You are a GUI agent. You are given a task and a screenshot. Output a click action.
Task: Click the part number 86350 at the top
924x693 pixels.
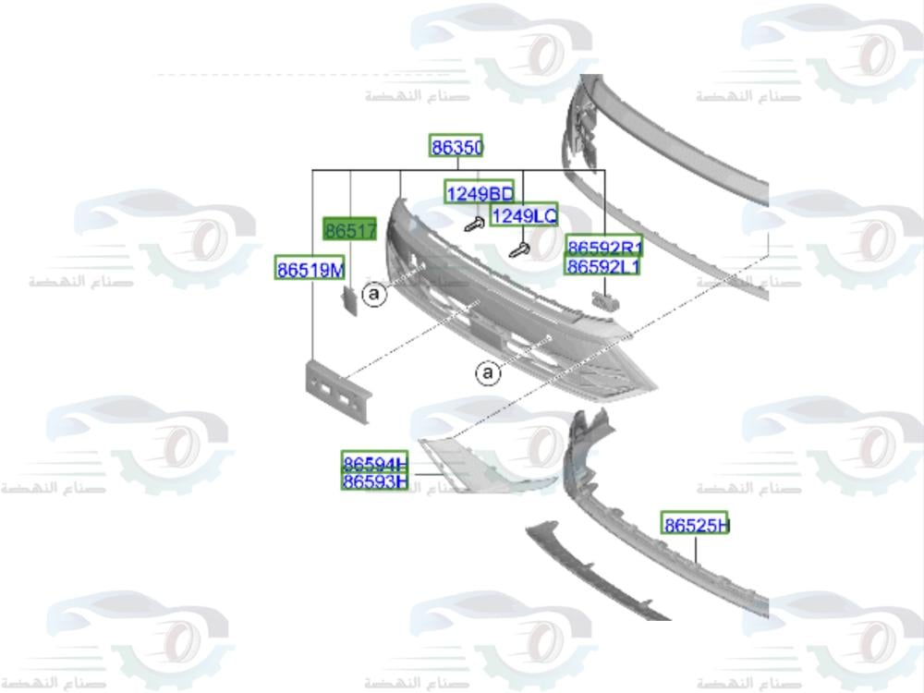pos(456,146)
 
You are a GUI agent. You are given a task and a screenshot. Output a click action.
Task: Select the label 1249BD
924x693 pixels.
pos(479,192)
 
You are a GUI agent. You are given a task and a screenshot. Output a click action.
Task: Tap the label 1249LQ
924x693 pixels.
pos(524,215)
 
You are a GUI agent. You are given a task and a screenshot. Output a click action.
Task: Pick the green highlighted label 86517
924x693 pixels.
pos(349,229)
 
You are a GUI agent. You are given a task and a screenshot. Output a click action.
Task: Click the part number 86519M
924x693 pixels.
pos(310,269)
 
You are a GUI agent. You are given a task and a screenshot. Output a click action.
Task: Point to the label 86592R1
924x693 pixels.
pos(604,247)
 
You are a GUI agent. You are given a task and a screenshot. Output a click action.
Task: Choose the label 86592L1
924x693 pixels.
pos(604,266)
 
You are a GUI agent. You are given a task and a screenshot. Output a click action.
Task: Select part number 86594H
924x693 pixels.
pos(374,463)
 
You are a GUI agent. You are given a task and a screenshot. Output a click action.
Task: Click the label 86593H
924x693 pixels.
pos(374,481)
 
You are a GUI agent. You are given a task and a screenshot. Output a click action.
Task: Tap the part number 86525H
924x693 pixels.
pos(695,524)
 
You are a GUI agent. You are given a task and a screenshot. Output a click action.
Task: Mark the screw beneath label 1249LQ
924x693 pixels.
pos(521,249)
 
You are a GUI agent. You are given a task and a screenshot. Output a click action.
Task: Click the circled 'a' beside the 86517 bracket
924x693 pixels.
pos(373,295)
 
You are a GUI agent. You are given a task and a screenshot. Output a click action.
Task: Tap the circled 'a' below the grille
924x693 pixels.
pos(487,373)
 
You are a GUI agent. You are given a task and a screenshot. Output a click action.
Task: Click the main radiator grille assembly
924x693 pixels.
pos(517,314)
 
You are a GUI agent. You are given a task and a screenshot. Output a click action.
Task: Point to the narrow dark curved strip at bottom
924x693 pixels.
pos(591,573)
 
